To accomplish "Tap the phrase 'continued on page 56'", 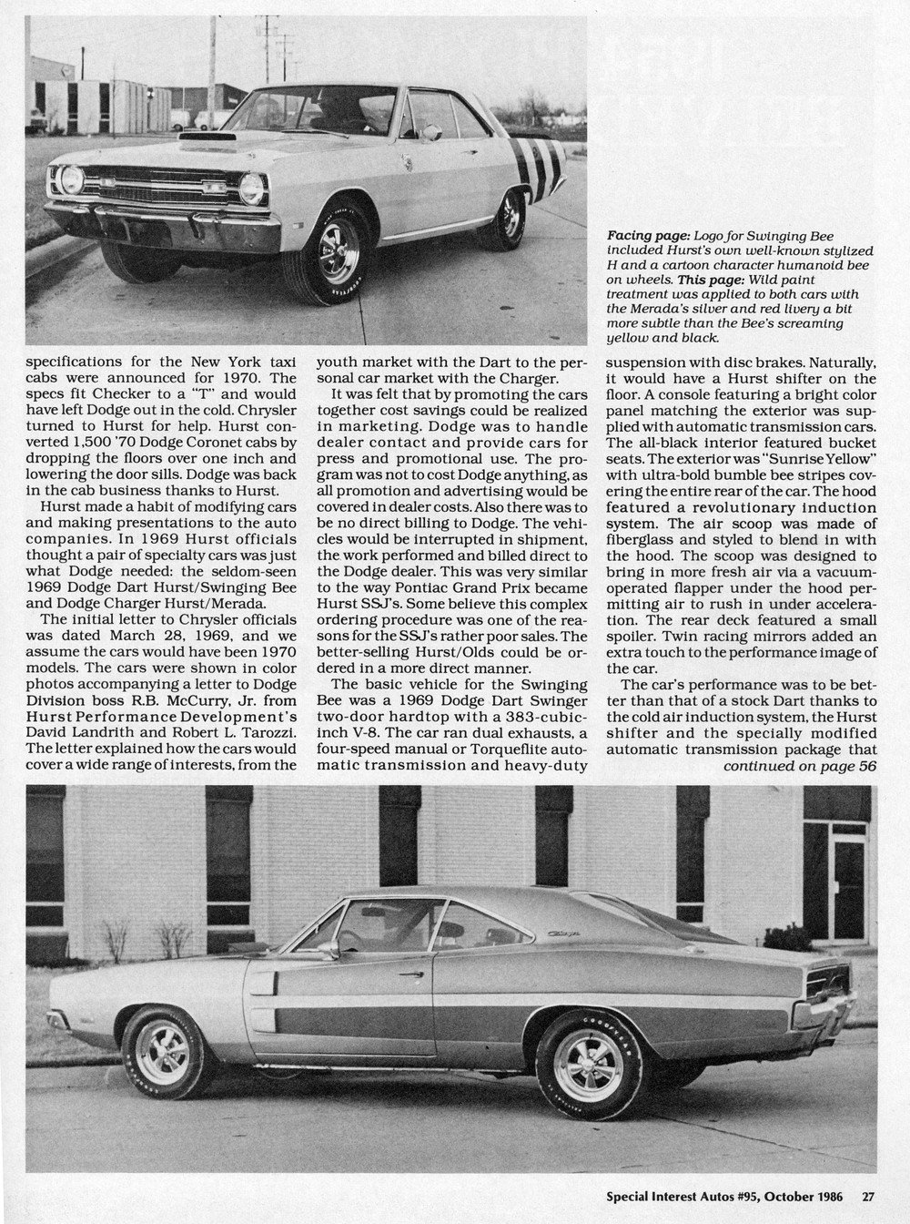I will tap(800, 766).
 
